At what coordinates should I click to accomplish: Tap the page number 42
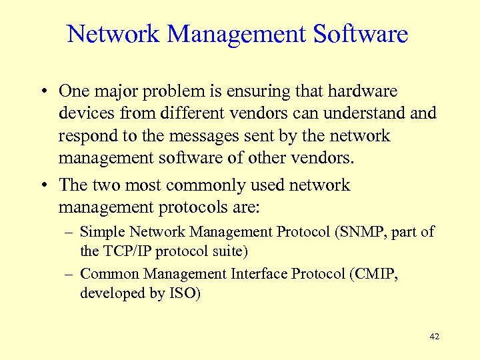pos(435,337)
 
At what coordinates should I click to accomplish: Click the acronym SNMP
pos(358,232)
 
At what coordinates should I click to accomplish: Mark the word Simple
pos(103,232)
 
